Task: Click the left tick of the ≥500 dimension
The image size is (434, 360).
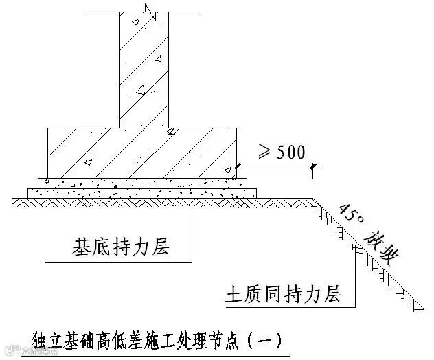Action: pos(237,166)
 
